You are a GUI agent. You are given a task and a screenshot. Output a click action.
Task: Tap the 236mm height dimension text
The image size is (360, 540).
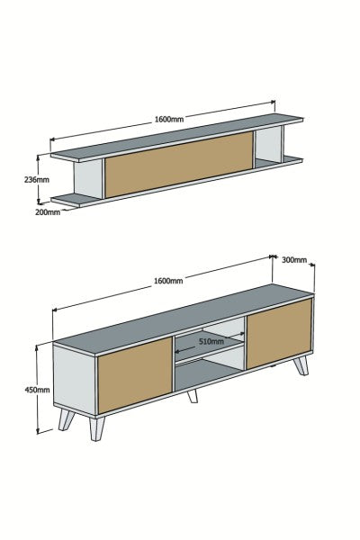click(35, 178)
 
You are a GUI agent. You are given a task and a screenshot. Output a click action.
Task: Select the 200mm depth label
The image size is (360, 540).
click(48, 213)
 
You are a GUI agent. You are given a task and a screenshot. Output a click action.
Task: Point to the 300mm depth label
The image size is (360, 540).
click(294, 260)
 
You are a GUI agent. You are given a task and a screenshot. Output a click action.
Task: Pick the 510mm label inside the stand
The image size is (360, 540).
click(211, 342)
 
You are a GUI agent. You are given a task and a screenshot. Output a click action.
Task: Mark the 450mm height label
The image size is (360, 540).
click(22, 390)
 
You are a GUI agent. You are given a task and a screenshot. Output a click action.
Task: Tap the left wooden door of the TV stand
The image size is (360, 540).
click(132, 376)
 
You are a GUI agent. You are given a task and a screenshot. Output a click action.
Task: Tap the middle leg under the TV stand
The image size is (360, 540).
click(192, 393)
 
